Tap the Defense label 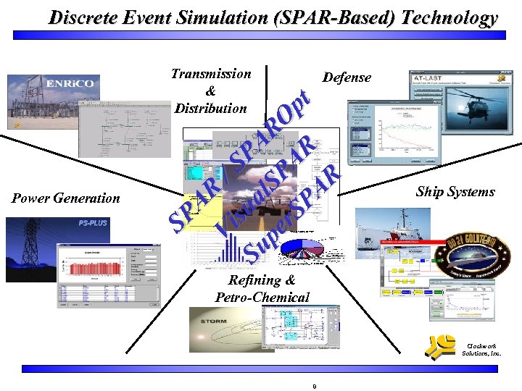tap(347, 77)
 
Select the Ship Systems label tap(455, 192)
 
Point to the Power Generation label tap(66, 198)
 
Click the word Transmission tap(211, 73)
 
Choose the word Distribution tap(211, 109)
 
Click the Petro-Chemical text tap(262, 297)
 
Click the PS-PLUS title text tap(92, 223)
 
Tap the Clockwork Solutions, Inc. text tap(481, 350)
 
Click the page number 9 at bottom tap(314, 386)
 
